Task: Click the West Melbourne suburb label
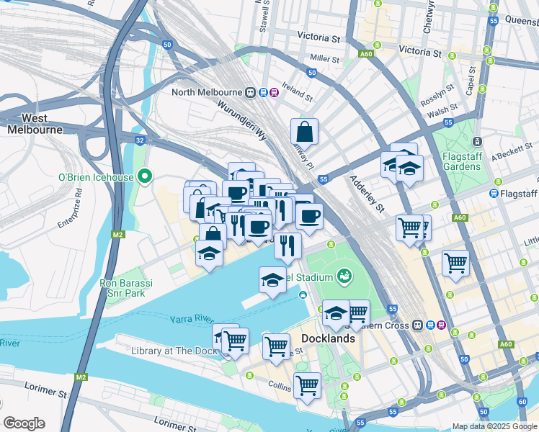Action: click(35, 124)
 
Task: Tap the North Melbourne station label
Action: click(208, 92)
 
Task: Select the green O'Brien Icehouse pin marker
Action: click(145, 176)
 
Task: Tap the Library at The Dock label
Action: click(174, 351)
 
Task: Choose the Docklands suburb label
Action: click(328, 338)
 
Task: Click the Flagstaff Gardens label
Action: click(453, 161)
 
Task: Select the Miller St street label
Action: click(324, 58)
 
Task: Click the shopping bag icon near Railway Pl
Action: click(305, 132)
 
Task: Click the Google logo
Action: click(24, 423)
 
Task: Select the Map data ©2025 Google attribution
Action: click(494, 426)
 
